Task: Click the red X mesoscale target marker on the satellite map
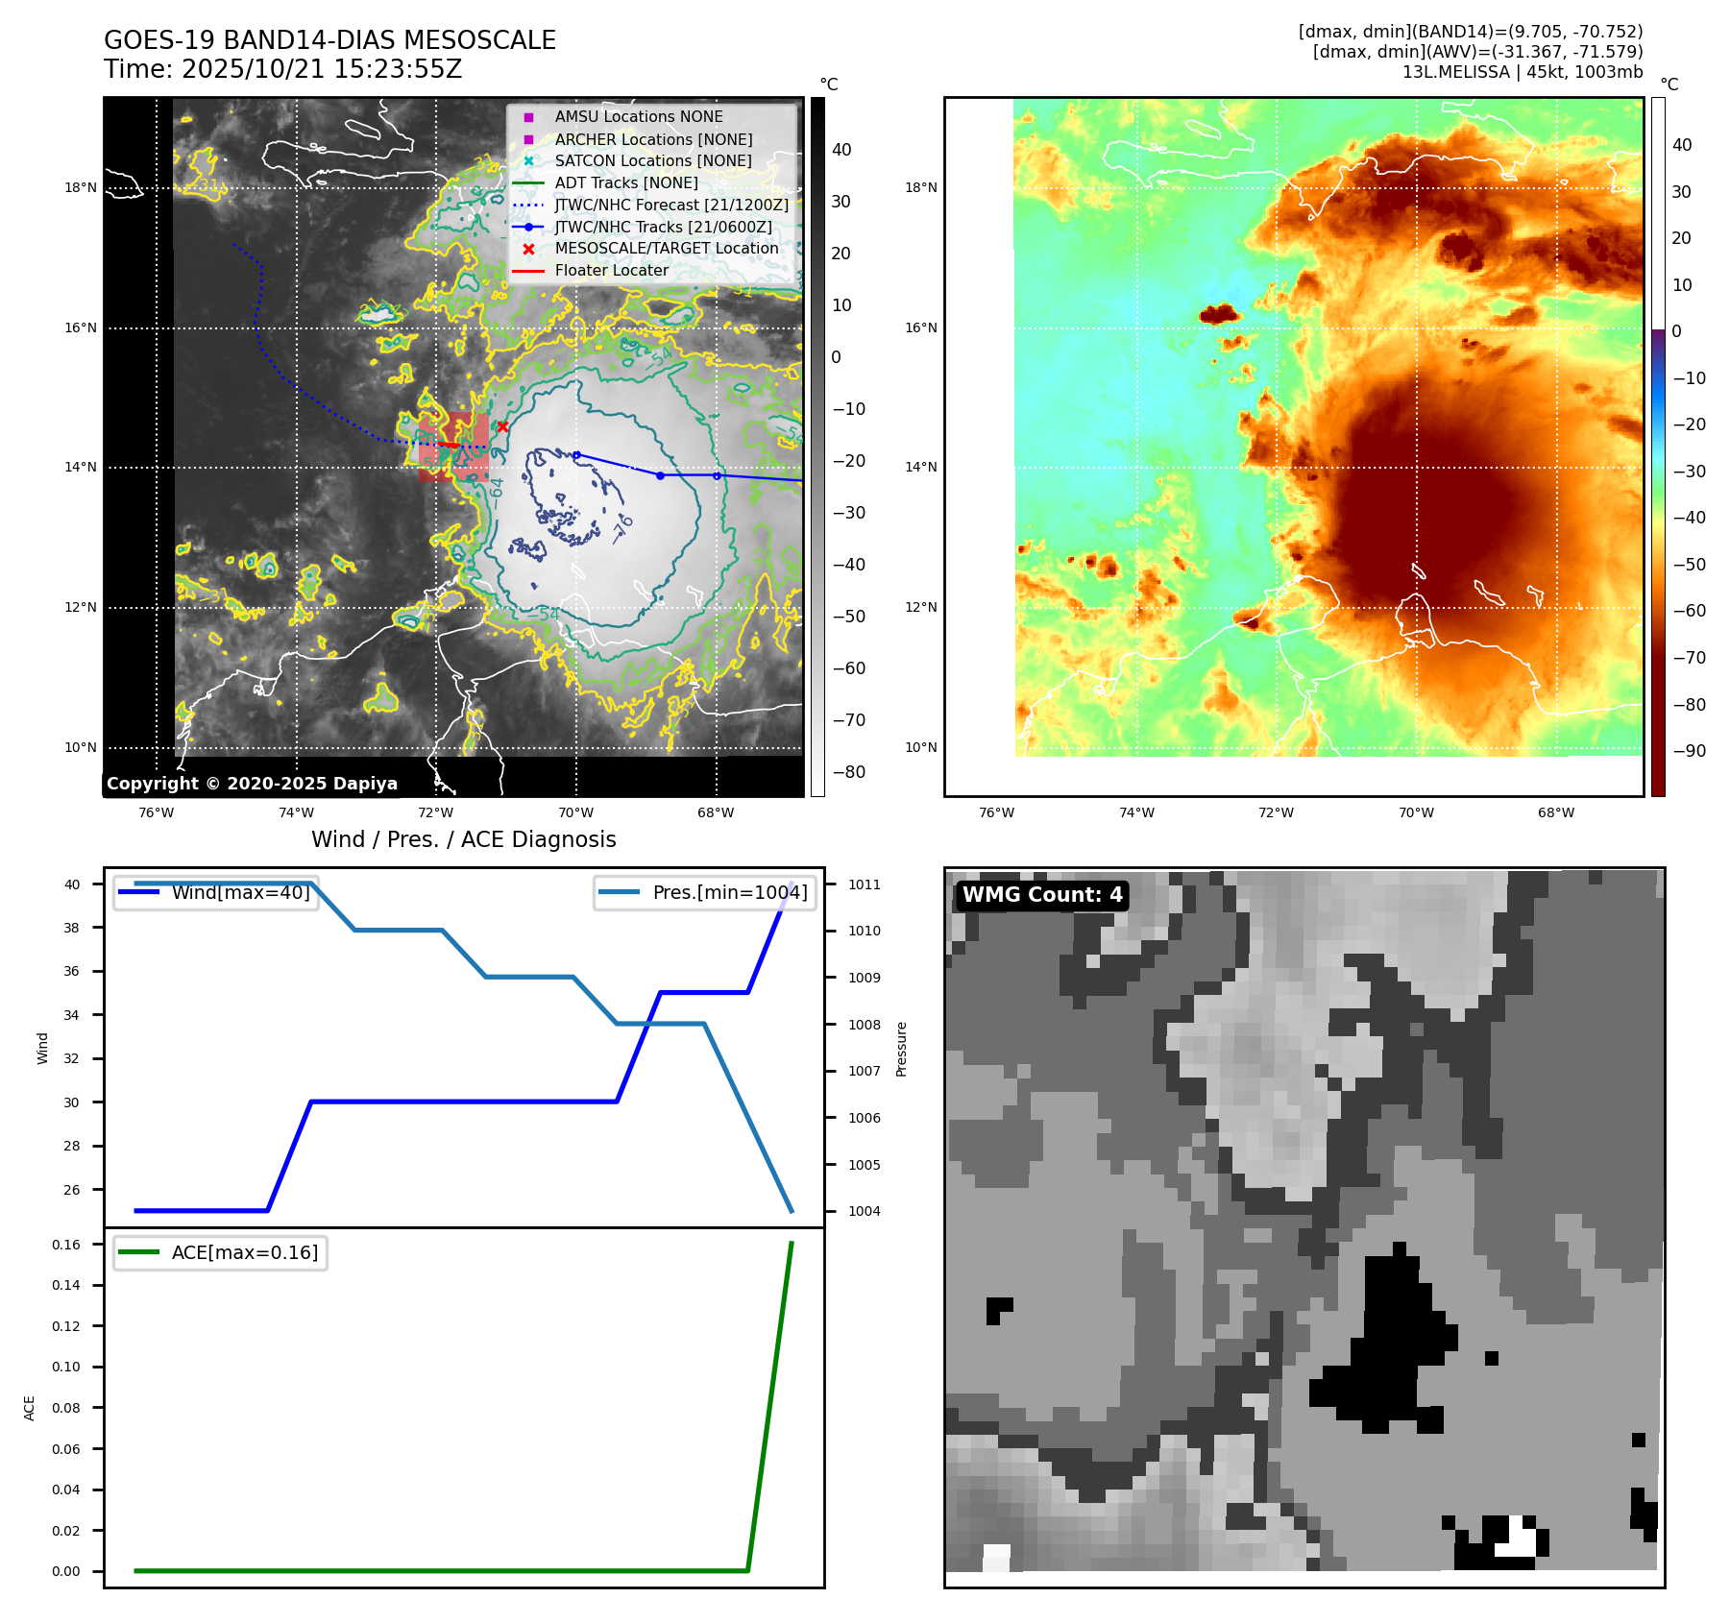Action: point(502,426)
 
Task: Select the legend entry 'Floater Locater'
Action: point(611,271)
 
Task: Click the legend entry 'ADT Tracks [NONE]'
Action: point(626,183)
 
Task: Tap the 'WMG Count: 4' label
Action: point(1042,895)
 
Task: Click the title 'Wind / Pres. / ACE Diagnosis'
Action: point(463,839)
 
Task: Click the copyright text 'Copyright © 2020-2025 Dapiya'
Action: point(252,784)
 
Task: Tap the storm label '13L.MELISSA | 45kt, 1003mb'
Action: point(1522,72)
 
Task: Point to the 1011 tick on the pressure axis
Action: point(864,884)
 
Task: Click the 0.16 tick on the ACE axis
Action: point(66,1245)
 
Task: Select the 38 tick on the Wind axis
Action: point(72,928)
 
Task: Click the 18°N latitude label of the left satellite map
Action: point(81,187)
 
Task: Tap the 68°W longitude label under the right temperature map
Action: point(1555,812)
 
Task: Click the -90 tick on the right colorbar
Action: point(1689,751)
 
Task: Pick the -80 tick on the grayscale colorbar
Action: point(848,772)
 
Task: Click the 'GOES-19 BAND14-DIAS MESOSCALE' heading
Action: point(329,40)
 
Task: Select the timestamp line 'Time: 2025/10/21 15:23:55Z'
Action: point(283,69)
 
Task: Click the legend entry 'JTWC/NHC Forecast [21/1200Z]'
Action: point(671,206)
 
